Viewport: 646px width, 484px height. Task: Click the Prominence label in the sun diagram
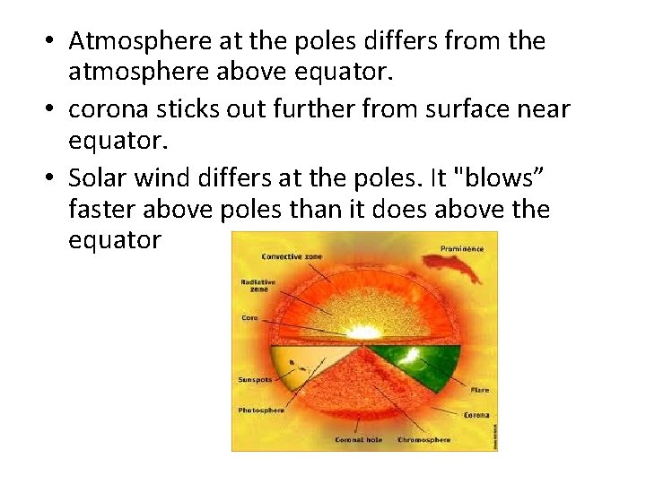(x=461, y=247)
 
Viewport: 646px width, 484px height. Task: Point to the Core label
(x=249, y=317)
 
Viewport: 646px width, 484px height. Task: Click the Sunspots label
(x=254, y=379)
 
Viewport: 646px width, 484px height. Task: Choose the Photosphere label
(x=259, y=410)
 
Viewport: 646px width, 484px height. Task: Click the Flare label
(x=479, y=391)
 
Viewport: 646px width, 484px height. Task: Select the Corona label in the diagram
(x=476, y=415)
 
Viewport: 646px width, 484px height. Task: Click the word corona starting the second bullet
(x=105, y=109)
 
